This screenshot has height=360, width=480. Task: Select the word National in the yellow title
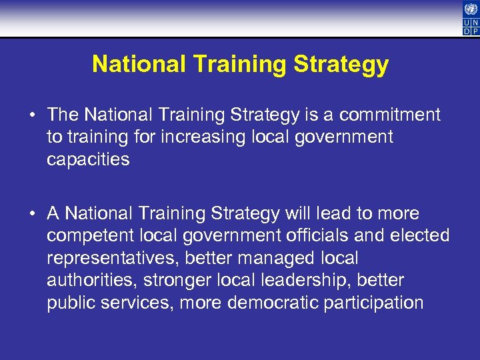click(x=138, y=65)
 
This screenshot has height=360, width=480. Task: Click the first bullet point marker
click(x=32, y=115)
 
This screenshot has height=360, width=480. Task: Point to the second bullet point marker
click(x=32, y=214)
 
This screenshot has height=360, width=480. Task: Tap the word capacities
click(x=88, y=160)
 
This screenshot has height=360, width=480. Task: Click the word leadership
click(x=307, y=281)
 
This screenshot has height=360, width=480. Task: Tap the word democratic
click(x=273, y=303)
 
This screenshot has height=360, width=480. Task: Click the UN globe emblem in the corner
click(x=471, y=9)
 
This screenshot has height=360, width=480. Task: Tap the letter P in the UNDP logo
click(x=475, y=31)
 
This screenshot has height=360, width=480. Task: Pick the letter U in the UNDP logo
click(x=467, y=22)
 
